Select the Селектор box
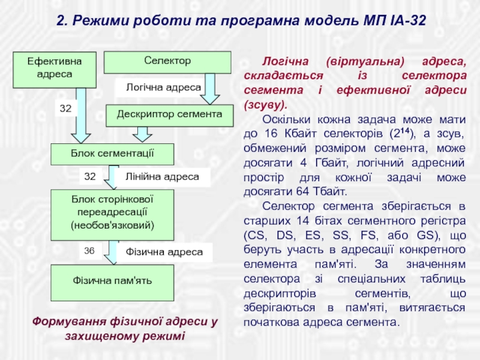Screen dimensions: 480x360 point(167,61)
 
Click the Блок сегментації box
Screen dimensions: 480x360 point(112,154)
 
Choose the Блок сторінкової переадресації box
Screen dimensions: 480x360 point(112,214)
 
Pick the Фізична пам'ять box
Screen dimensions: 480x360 point(112,281)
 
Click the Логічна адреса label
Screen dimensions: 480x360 point(163,88)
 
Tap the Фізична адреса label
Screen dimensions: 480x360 point(164,252)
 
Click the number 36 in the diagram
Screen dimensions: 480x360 point(90,251)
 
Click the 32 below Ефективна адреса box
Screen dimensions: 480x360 point(65,109)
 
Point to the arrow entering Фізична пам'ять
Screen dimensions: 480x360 point(111,254)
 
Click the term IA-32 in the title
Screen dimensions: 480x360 point(407,20)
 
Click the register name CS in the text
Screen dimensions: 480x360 point(254,235)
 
